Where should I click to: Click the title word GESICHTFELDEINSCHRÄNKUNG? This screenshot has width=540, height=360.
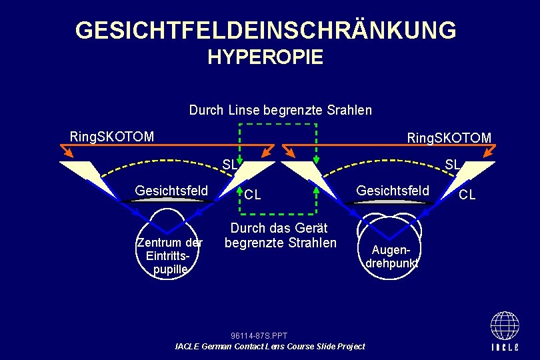pyautogui.click(x=265, y=30)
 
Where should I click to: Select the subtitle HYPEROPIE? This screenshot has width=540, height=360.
pyautogui.click(x=265, y=57)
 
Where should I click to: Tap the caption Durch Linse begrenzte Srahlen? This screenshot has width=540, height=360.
pyautogui.click(x=280, y=109)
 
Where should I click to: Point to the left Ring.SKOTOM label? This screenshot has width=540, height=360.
pyautogui.click(x=111, y=137)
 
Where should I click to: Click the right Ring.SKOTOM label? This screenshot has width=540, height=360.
pyautogui.click(x=449, y=138)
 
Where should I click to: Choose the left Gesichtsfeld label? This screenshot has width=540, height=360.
pyautogui.click(x=171, y=191)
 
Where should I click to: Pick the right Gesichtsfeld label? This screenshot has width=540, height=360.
pyautogui.click(x=393, y=191)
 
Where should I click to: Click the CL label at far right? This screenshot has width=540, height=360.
pyautogui.click(x=467, y=195)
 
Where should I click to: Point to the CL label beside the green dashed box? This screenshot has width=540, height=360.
pyautogui.click(x=252, y=195)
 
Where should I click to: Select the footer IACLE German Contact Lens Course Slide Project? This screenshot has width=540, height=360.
pyautogui.click(x=269, y=346)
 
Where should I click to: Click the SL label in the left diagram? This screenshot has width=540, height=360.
pyautogui.click(x=229, y=164)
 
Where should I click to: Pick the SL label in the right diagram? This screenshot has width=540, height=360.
pyautogui.click(x=451, y=164)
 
